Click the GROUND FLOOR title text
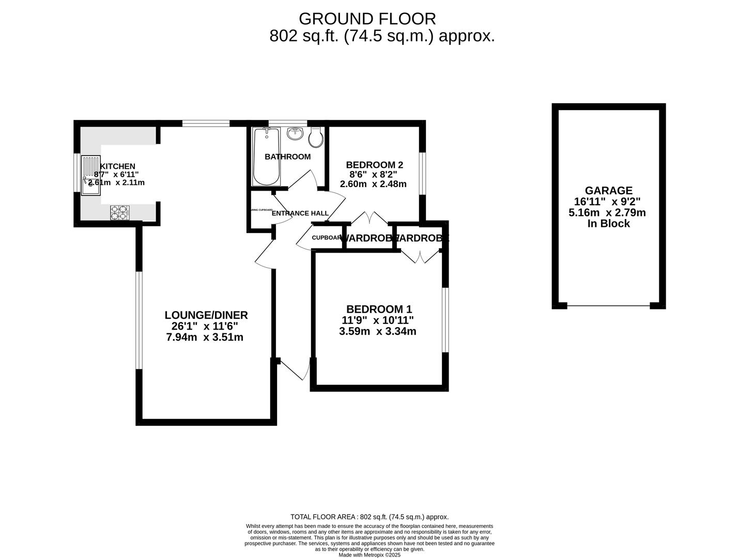[367, 19]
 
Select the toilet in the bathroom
[316, 137]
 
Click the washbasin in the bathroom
[295, 133]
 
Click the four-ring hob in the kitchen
[119, 212]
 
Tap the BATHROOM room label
[287, 157]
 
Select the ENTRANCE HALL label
[300, 213]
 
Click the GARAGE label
[608, 191]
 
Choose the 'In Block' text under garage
[608, 224]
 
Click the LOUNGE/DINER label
[206, 315]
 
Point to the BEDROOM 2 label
[374, 165]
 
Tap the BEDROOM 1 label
[379, 309]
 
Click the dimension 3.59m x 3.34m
[377, 332]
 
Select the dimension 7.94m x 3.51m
[205, 337]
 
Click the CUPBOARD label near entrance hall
[327, 238]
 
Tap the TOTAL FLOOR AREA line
[369, 517]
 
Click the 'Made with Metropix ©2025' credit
[369, 555]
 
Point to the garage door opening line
[608, 306]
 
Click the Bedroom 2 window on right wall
[422, 173]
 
